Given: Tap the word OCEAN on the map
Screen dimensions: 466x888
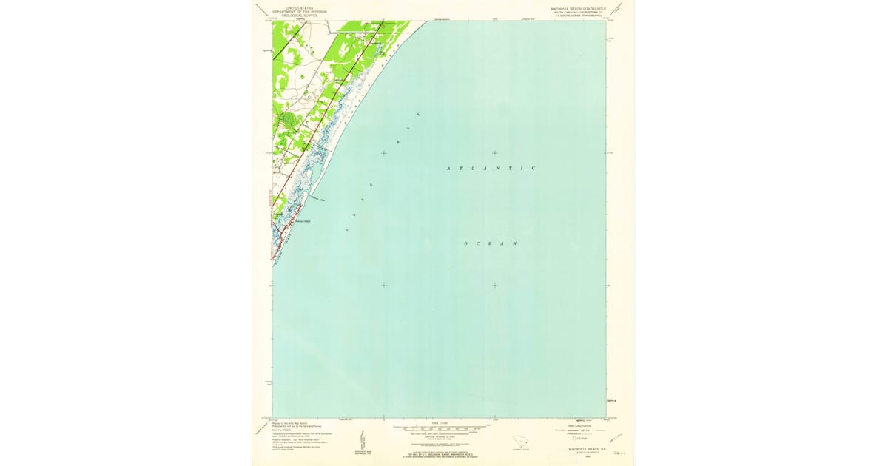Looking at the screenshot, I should click(x=490, y=243).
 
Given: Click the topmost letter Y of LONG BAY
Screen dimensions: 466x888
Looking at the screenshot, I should click(x=418, y=115).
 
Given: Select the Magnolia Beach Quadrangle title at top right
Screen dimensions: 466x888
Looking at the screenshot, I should click(x=578, y=10).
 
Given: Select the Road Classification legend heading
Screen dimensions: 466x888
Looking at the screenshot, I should click(x=578, y=425).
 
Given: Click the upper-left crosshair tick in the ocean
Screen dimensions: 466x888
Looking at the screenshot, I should click(x=383, y=153).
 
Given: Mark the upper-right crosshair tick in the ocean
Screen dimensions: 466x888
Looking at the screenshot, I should click(x=494, y=153).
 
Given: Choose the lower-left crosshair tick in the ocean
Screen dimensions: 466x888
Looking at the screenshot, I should click(x=383, y=286).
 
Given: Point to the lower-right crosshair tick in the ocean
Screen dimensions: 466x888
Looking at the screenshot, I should click(x=494, y=286).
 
